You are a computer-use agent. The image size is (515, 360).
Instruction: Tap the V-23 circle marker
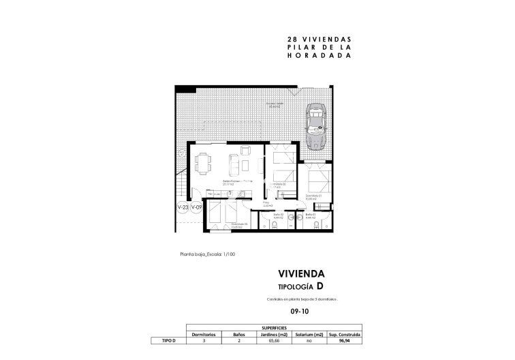click(x=183, y=207)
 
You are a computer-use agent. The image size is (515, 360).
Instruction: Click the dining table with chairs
click(x=202, y=164)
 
